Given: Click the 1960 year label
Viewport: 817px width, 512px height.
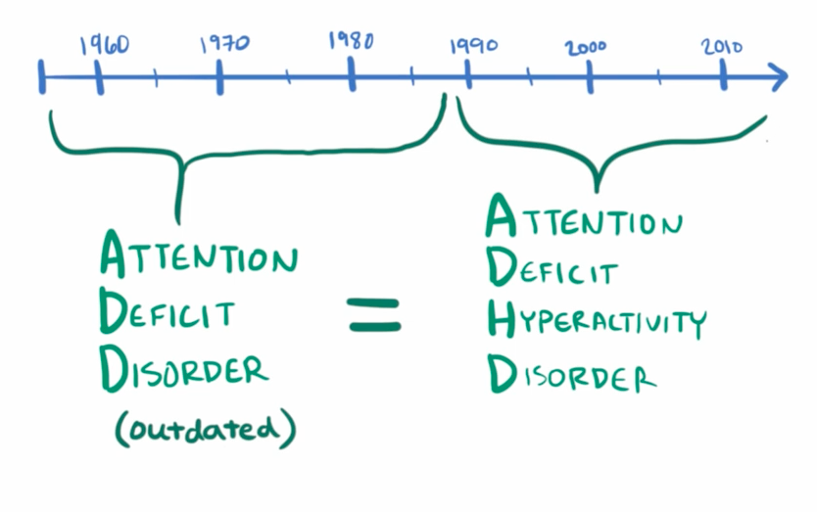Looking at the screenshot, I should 103,45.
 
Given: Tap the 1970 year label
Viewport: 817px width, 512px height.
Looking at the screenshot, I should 224,44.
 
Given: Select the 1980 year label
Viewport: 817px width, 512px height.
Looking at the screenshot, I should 350,41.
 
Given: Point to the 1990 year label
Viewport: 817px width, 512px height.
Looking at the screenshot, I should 474,46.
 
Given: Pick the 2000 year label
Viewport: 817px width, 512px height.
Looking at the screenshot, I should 586,46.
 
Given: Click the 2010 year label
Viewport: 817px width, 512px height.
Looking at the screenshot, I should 723,46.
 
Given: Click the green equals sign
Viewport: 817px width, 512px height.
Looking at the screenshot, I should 374,314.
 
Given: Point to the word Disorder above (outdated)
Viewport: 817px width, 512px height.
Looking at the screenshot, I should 182,369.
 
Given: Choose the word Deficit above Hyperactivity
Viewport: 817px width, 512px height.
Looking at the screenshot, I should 553,268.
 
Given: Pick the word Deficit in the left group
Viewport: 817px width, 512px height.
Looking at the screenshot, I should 166,312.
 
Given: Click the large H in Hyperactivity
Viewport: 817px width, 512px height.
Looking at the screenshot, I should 503,320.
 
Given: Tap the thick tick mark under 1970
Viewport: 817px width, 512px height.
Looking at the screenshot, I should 219,76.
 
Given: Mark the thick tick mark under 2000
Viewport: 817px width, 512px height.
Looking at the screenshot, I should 590,76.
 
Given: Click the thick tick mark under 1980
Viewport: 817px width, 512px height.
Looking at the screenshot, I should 351,75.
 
